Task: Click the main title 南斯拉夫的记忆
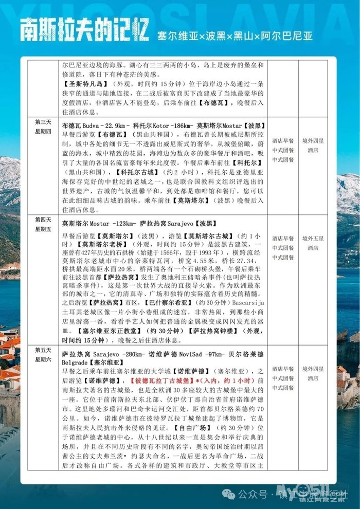click(85, 31)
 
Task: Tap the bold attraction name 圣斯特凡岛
click(85, 84)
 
